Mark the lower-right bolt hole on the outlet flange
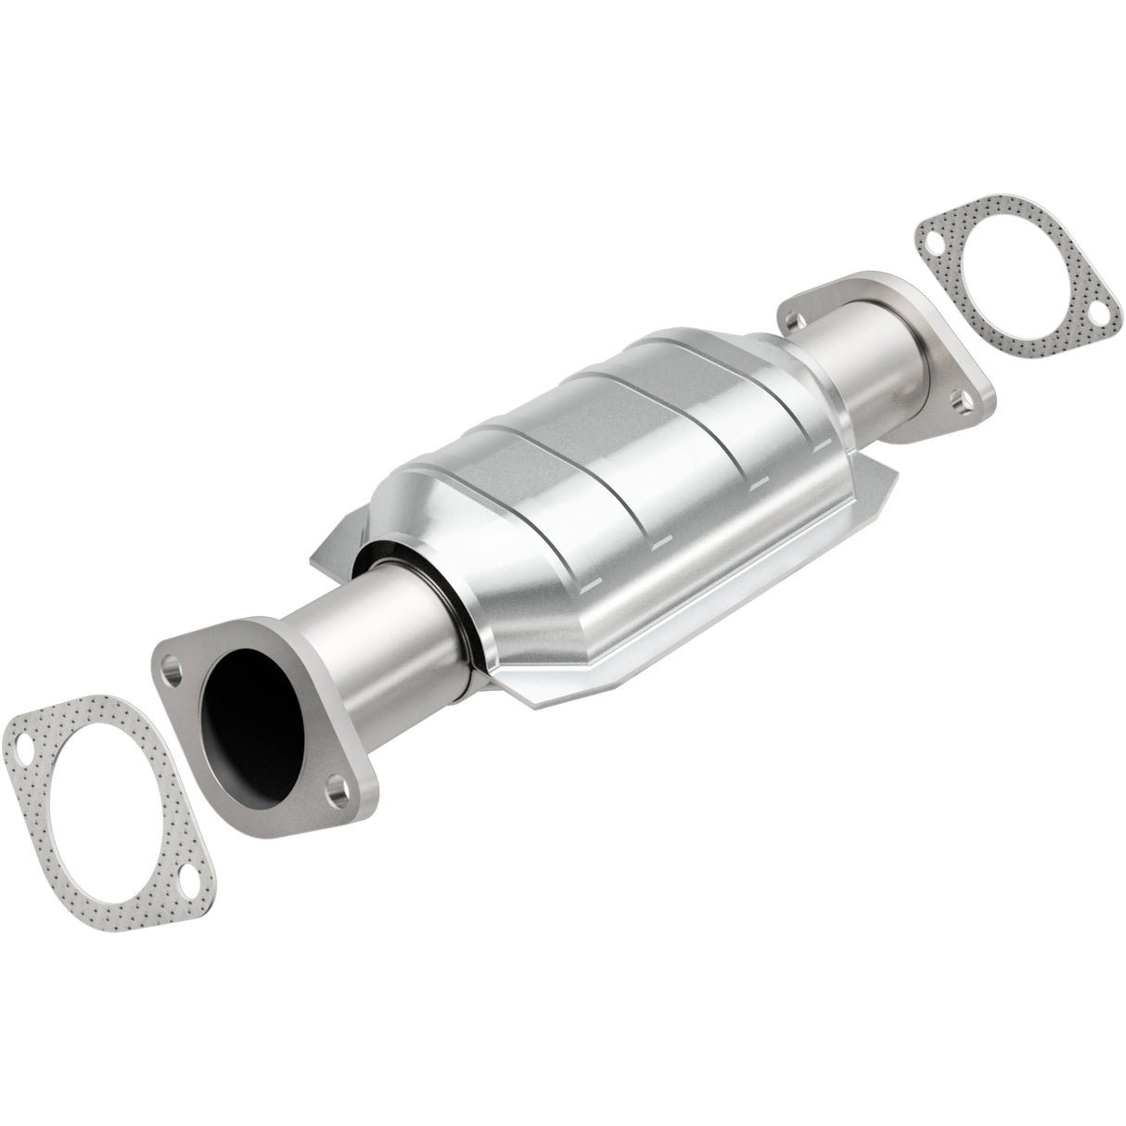966,403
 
